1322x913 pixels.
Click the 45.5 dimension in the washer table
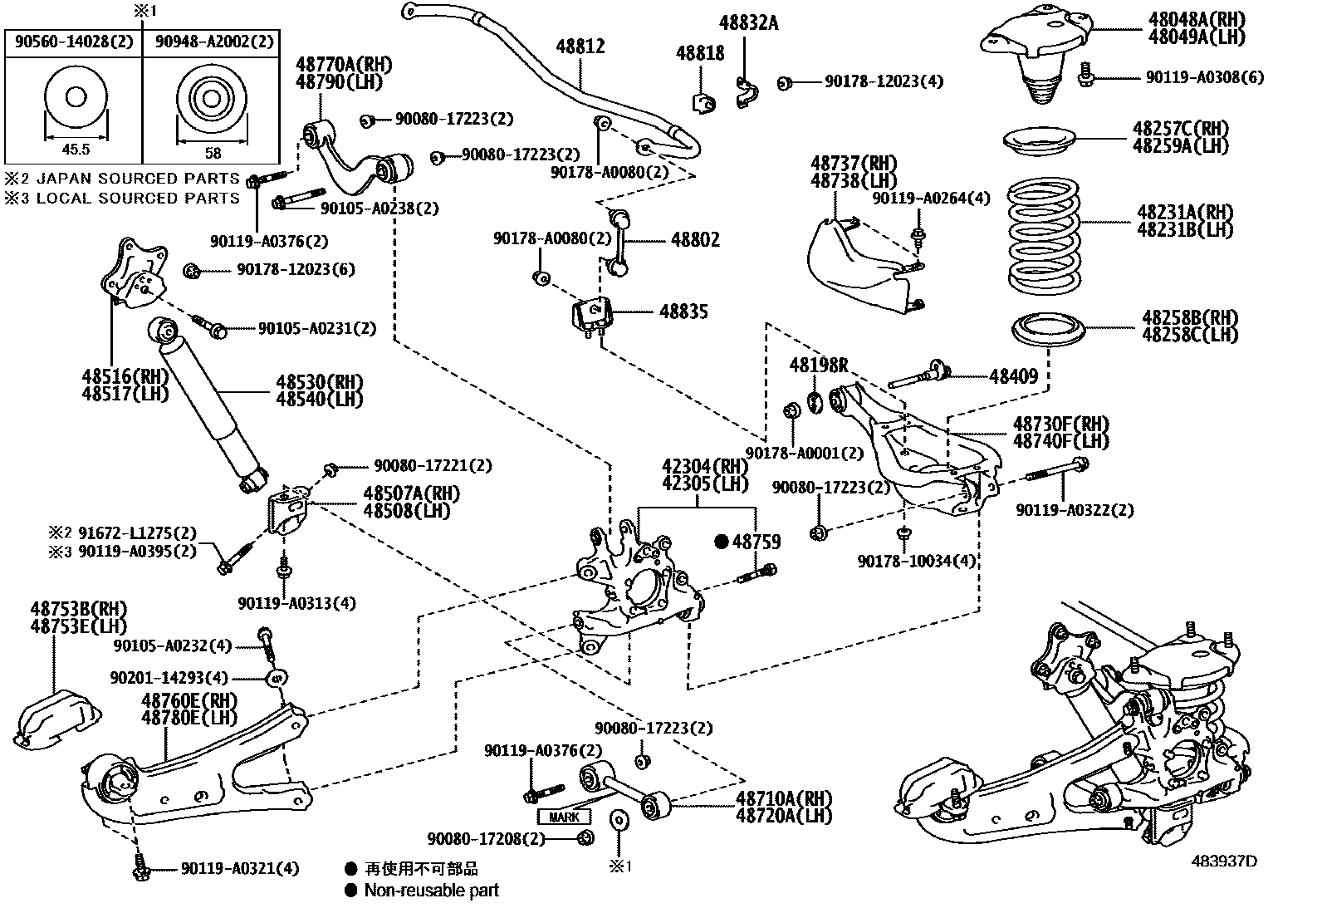click(x=75, y=150)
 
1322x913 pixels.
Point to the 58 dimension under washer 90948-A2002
click(x=213, y=152)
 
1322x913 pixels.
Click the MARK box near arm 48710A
click(x=564, y=817)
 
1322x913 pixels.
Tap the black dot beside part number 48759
click(x=721, y=542)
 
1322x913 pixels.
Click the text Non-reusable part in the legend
click(x=431, y=891)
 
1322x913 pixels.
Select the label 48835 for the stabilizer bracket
click(x=683, y=312)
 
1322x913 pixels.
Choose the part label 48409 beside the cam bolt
click(x=1013, y=376)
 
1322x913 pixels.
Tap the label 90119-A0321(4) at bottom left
click(x=239, y=868)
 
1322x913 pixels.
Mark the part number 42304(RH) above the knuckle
click(x=693, y=466)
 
